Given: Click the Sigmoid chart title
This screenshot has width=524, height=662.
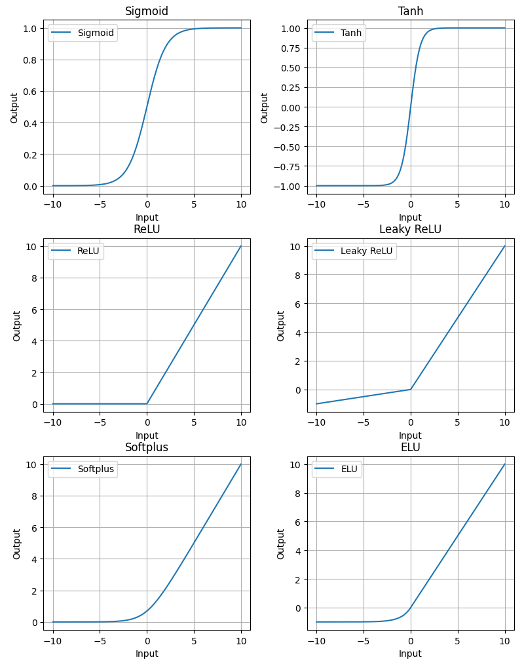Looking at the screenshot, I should click(x=147, y=11).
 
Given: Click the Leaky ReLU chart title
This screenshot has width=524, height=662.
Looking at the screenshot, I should click(x=410, y=229).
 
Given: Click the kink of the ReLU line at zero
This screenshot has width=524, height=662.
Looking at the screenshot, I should click(x=147, y=404).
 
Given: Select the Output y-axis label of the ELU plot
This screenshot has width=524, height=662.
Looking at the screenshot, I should click(x=280, y=543).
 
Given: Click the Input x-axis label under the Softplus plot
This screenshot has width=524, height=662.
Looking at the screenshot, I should click(x=147, y=653).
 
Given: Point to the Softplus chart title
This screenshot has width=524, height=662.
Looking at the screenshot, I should click(x=147, y=447).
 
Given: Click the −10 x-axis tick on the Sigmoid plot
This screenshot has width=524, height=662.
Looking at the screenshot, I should click(x=52, y=204).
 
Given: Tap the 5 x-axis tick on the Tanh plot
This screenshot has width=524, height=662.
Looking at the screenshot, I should click(x=457, y=204).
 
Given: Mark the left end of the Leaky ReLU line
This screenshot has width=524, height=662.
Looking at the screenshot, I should click(x=316, y=404).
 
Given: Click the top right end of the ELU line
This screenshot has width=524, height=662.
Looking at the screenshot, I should click(x=504, y=464).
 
